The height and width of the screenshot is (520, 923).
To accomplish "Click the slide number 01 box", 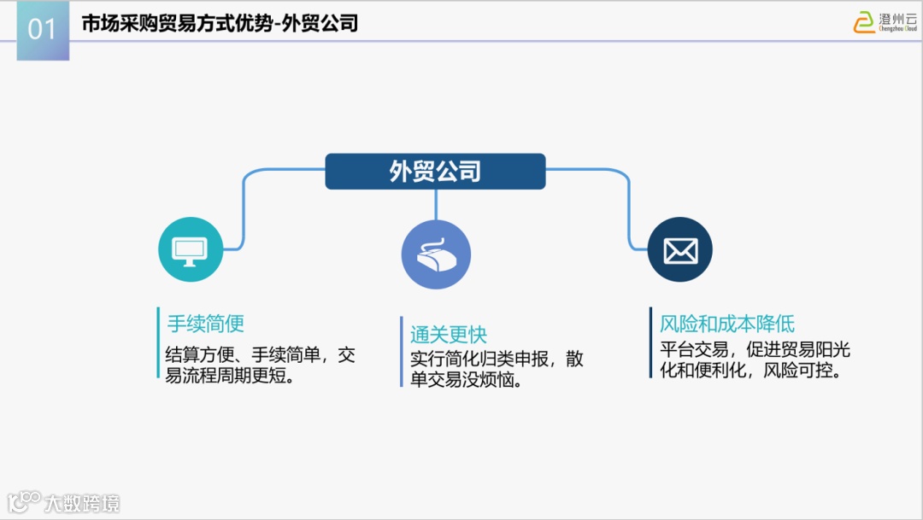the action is pos(42,30).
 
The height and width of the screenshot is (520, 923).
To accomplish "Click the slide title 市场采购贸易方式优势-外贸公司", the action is pos(220,24).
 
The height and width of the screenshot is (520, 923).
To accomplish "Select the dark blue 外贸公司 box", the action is pos(435,172).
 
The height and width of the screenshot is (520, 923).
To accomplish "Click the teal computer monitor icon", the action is pos(190,249).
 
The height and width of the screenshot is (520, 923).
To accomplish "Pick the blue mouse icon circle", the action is pos(436,254).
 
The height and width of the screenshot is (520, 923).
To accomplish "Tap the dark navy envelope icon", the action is pos(679,250).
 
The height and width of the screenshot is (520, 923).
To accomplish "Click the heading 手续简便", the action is pos(205,324).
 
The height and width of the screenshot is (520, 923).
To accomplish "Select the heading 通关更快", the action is pos(448,335).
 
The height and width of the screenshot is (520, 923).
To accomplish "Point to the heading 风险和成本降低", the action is pos(727,324).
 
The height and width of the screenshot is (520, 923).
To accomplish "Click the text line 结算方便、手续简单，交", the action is pos(260,355).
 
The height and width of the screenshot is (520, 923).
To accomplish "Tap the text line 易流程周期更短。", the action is pos(231,377).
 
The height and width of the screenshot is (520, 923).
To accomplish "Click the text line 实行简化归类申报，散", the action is pos(497,359).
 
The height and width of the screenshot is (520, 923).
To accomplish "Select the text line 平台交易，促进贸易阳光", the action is pos(755,350).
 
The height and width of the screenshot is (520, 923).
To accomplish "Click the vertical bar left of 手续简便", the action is pos(158,342).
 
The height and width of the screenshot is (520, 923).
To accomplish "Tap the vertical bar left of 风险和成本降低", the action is pos(650,342).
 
